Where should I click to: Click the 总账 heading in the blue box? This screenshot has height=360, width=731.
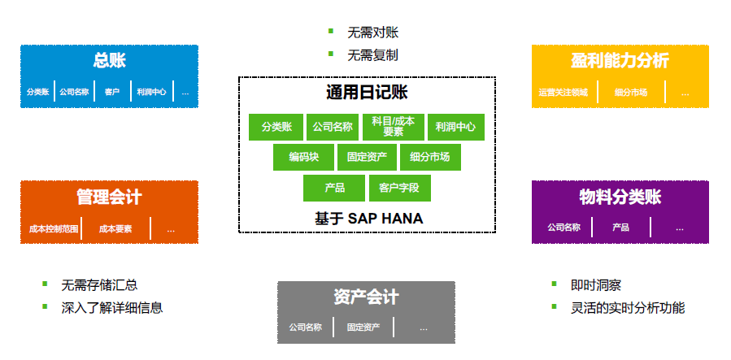pos(109,61)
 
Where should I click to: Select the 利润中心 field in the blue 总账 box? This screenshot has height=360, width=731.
pos(151,92)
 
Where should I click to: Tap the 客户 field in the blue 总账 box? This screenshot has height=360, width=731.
pos(112,92)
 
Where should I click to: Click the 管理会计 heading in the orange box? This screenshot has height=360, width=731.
pos(109,197)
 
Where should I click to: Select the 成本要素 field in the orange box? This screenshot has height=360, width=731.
pos(115,230)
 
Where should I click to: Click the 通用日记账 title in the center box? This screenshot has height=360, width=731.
pos(367,93)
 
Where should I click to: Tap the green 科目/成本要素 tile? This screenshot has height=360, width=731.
pos(393,127)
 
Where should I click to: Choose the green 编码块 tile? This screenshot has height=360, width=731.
pos(302,157)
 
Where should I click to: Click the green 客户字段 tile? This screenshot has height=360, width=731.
pos(399,189)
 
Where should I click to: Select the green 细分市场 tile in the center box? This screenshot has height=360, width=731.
pos(430,157)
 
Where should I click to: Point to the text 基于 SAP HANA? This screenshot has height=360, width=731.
pos(368,218)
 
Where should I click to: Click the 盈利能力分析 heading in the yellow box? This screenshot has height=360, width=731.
pos(620,61)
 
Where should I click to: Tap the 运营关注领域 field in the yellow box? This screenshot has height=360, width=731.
pos(563,93)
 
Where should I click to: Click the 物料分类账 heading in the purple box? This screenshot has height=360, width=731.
pos(620,197)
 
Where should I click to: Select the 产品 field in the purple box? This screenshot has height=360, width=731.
pos(621,228)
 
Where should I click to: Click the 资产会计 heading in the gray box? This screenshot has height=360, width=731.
pos(366,297)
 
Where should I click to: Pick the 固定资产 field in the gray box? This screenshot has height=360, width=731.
pos(363,327)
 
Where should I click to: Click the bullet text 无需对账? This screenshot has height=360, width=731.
pos(372,33)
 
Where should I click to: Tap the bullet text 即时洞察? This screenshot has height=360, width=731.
pos(596,285)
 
